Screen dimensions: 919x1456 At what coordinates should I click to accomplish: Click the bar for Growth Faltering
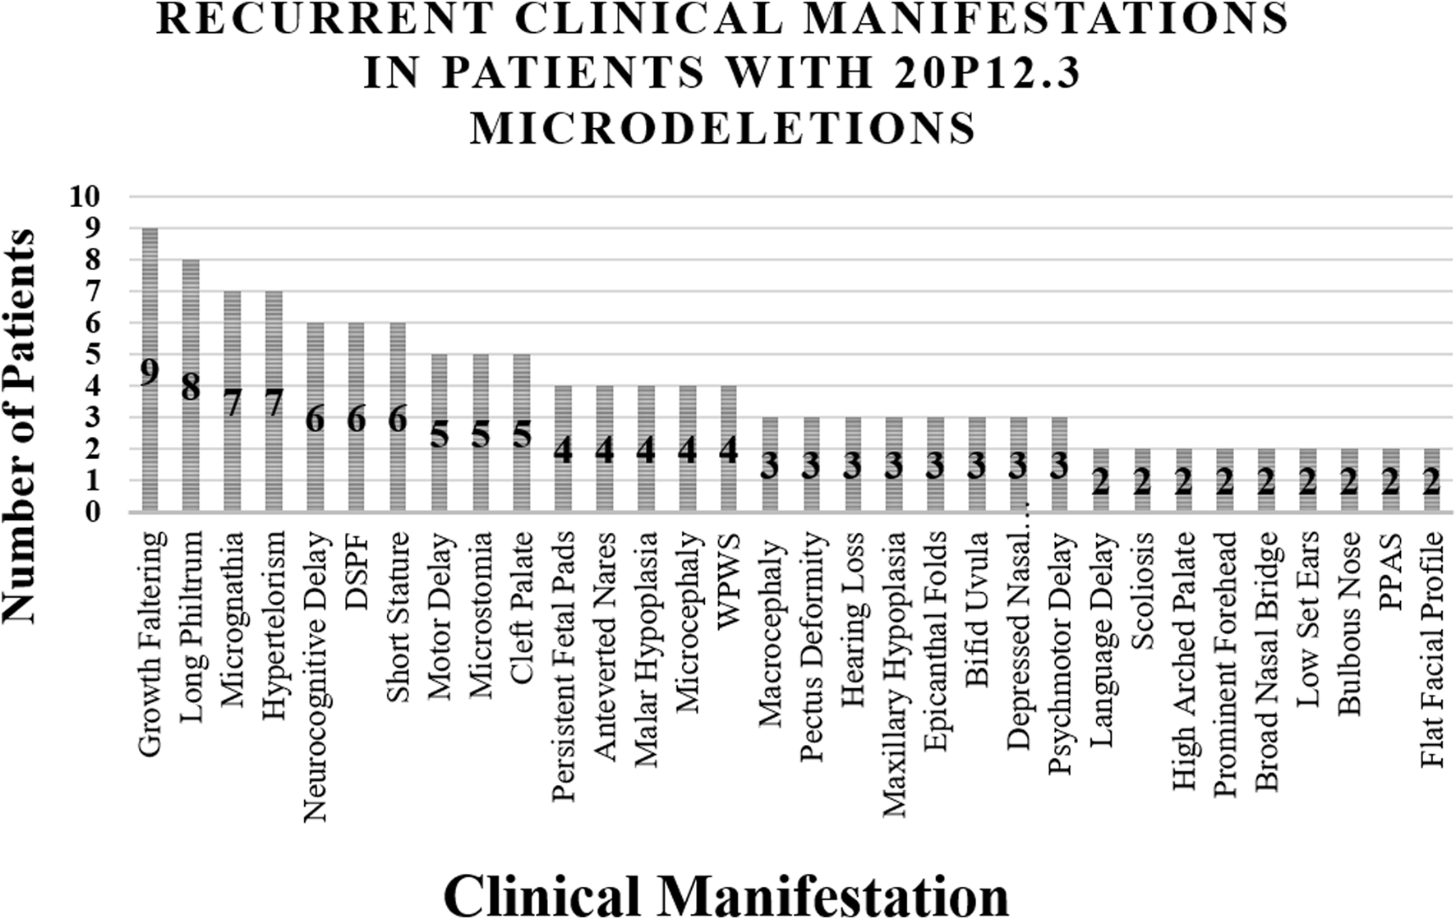pyautogui.click(x=150, y=312)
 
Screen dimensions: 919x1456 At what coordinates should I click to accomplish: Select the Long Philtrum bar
pyautogui.click(x=191, y=329)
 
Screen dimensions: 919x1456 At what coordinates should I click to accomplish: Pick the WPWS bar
pyautogui.click(x=728, y=411)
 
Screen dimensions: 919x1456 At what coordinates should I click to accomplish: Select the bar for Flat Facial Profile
pyautogui.click(x=1431, y=460)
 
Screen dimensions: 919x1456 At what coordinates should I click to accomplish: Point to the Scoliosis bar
pyautogui.click(x=1142, y=460)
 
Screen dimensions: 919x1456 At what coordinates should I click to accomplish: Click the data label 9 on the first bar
pyautogui.click(x=149, y=371)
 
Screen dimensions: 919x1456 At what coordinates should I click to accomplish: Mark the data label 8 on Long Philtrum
pyautogui.click(x=191, y=387)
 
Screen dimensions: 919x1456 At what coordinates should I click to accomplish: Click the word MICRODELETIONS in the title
pyautogui.click(x=723, y=129)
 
